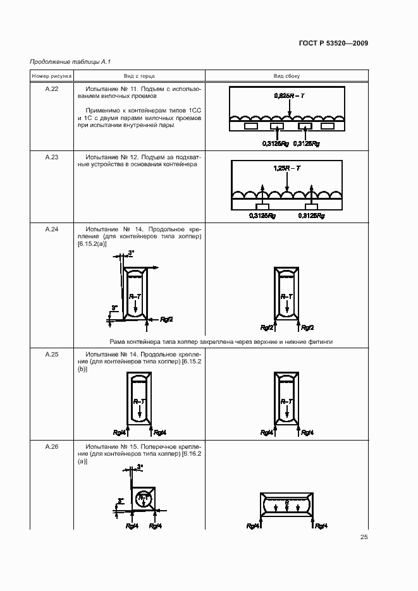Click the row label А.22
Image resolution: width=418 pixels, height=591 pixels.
[x=52, y=89]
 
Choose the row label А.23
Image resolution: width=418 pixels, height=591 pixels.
[x=52, y=156]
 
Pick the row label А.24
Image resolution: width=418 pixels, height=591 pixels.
[x=52, y=229]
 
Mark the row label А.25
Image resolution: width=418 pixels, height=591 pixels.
[x=52, y=354]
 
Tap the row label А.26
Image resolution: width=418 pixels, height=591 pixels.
[x=52, y=447]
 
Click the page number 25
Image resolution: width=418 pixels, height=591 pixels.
[x=364, y=537]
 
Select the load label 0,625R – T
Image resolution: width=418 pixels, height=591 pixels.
[x=288, y=95]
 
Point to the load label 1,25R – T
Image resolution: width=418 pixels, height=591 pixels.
[x=286, y=169]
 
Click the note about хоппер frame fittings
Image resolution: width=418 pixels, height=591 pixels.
[x=221, y=341]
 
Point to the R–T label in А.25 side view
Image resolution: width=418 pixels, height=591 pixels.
[x=286, y=401]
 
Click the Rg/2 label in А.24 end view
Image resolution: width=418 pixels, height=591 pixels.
[x=166, y=319]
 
